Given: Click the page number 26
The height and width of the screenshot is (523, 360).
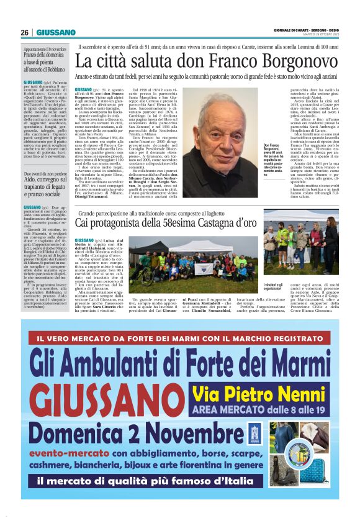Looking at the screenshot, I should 25,32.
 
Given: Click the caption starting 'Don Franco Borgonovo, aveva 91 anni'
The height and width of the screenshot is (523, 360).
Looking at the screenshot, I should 271,160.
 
